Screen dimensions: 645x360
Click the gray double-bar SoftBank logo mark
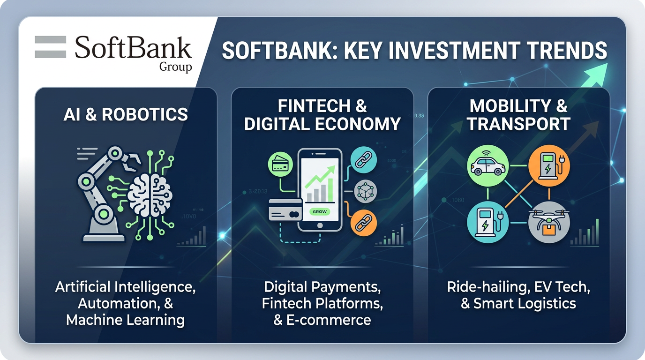tap(51, 47)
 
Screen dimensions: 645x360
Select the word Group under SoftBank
tap(176, 67)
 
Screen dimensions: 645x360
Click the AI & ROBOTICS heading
tap(126, 114)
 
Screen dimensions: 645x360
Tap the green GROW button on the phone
tap(320, 212)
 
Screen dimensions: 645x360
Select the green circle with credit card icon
tap(280, 164)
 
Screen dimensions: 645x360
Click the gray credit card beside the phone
tap(285, 210)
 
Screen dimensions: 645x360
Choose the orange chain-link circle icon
tap(364, 223)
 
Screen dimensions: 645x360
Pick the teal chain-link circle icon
tap(364, 160)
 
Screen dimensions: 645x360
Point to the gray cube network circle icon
tap(366, 192)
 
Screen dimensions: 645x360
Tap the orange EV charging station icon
tap(549, 165)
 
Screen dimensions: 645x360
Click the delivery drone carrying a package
tap(549, 222)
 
